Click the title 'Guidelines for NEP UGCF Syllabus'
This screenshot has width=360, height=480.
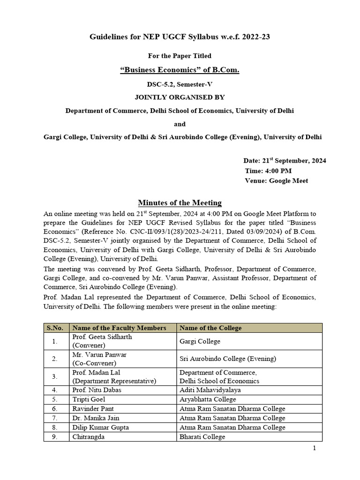pos(180,37)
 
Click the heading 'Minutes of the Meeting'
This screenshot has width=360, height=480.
pos(180,202)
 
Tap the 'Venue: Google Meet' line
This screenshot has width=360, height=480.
pos(276,180)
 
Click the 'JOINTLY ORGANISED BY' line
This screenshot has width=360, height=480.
pos(180,97)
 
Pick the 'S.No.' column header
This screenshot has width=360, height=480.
pos(56,328)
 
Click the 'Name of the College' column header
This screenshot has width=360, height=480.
pos(210,328)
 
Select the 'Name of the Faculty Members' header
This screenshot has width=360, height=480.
pos(119,328)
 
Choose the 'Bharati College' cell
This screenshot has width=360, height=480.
pos(202,437)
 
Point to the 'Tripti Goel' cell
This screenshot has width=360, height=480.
pos(88,399)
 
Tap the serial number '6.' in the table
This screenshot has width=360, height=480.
pos(55,409)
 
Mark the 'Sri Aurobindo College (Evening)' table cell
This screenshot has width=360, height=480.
pos(228,359)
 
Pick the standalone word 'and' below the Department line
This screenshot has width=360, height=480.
pos(180,124)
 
